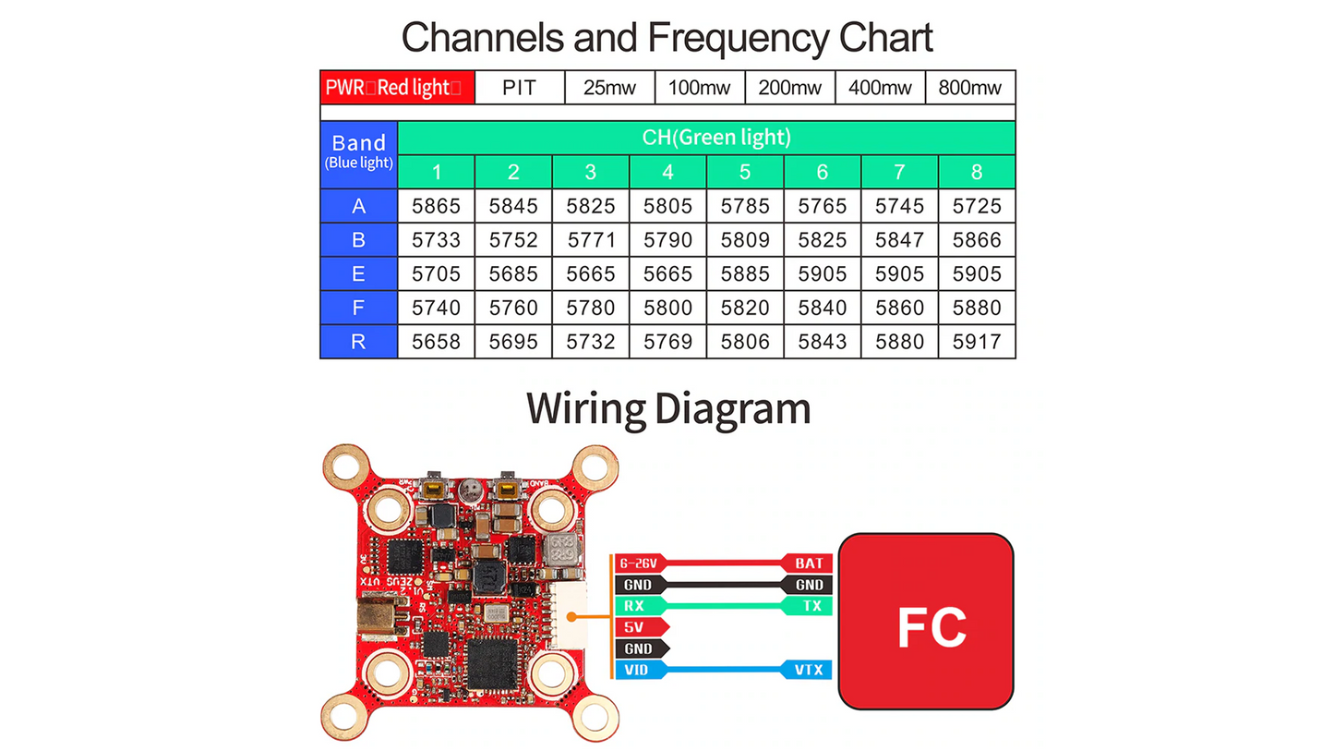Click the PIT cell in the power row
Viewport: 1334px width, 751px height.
click(x=518, y=88)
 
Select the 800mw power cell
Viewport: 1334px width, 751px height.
click(x=969, y=88)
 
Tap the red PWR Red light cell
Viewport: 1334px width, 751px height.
click(x=398, y=88)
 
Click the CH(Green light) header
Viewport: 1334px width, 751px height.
click(x=706, y=138)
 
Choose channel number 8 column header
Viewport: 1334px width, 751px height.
click(x=977, y=172)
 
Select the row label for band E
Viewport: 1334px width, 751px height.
click(x=358, y=273)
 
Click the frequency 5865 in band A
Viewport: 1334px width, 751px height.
click(x=436, y=206)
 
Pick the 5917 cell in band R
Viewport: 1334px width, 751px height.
click(x=977, y=342)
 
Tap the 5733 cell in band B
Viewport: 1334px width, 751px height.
click(x=436, y=240)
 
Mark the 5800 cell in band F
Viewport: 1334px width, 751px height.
click(x=667, y=308)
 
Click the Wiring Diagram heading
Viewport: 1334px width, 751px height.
click(x=667, y=408)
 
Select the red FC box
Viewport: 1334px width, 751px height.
click(x=931, y=622)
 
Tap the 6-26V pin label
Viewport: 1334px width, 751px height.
click(x=638, y=563)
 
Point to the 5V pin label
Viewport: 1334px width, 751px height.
click(x=635, y=627)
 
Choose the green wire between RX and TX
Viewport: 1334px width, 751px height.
click(x=725, y=606)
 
